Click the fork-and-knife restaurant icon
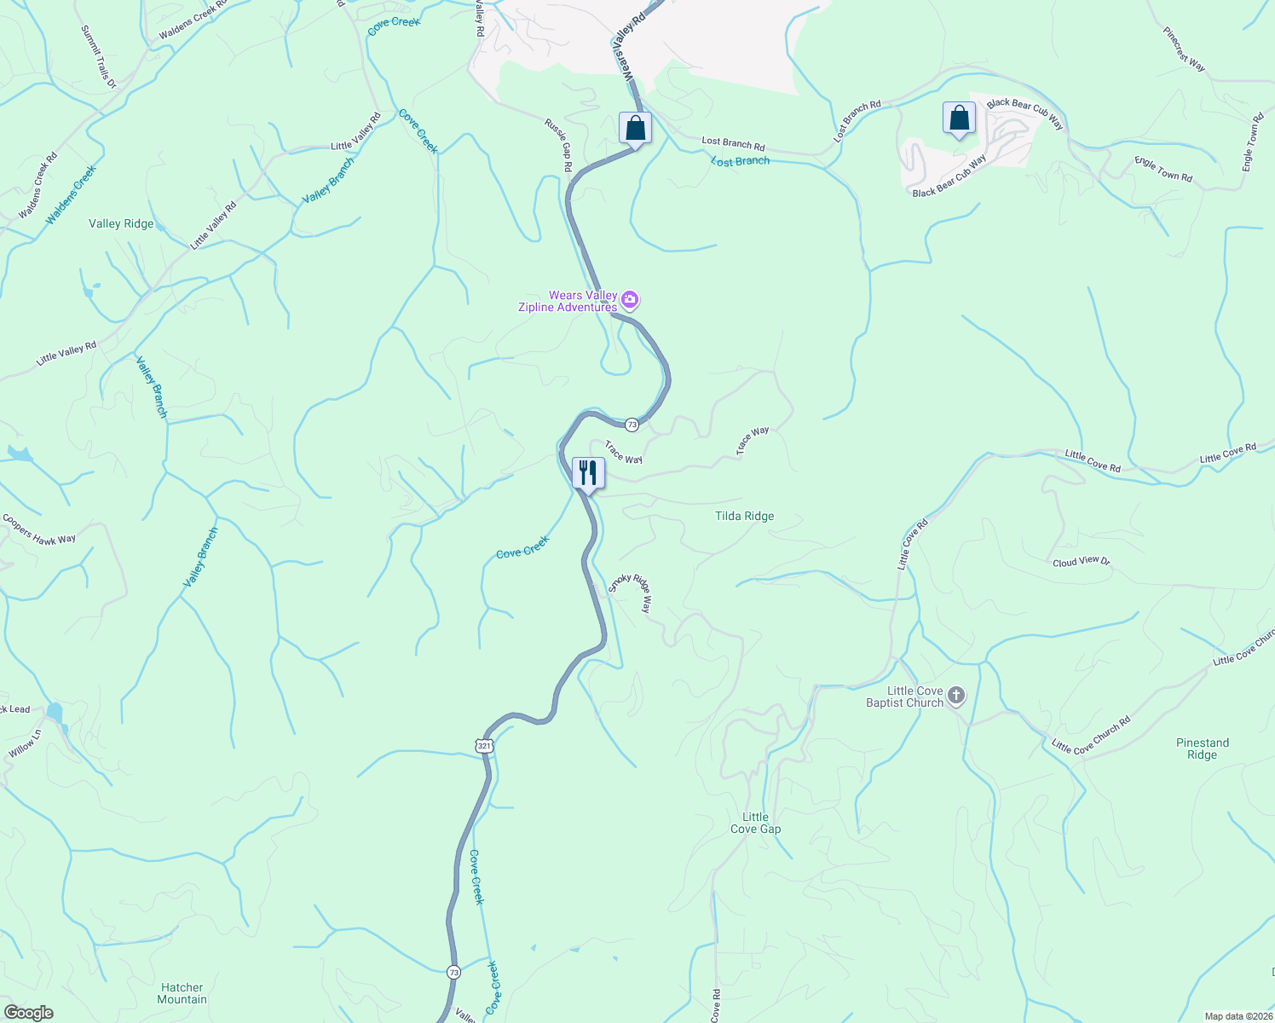[x=588, y=473]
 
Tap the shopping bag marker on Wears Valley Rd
[x=635, y=128]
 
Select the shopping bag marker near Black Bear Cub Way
[x=959, y=118]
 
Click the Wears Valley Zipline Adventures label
[x=568, y=302]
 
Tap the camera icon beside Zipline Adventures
[x=630, y=299]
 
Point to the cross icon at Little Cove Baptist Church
[x=956, y=696]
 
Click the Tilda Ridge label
[x=744, y=516]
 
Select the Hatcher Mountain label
[x=182, y=993]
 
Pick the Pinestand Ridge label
[x=1202, y=748]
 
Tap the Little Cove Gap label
[x=755, y=823]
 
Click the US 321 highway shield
[x=484, y=746]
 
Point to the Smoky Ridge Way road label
[x=630, y=593]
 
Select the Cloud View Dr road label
[x=1081, y=562]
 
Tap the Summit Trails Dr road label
[x=98, y=57]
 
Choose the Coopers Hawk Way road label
[x=39, y=528]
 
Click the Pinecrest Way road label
[x=1184, y=49]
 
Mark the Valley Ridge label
[x=121, y=224]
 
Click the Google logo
[x=28, y=1012]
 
